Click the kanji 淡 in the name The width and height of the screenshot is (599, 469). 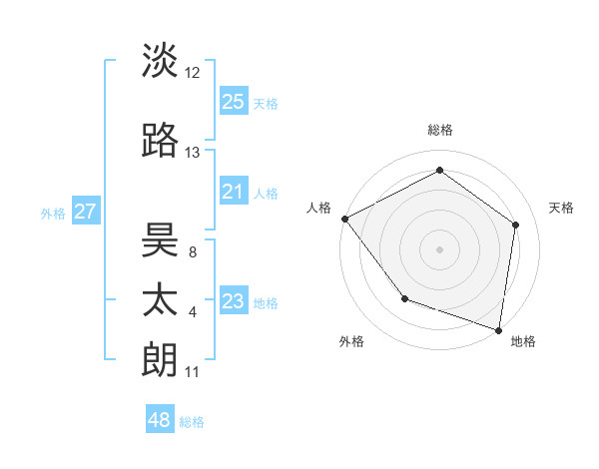tap(161, 60)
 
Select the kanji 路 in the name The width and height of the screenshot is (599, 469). tap(161, 141)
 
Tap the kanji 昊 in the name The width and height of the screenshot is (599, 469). tap(161, 240)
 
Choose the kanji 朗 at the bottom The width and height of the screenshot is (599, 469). tap(161, 360)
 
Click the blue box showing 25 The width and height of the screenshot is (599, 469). tap(234, 102)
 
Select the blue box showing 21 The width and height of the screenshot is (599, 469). tap(234, 193)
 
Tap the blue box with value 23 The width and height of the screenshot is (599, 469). tap(234, 302)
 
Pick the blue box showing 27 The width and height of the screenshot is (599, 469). tap(86, 212)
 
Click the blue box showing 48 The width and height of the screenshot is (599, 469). tap(160, 420)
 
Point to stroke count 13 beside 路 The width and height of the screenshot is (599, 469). tap(193, 153)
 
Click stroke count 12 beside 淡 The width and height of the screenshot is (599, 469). tap(193, 73)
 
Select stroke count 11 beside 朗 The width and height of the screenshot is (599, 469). tap(193, 372)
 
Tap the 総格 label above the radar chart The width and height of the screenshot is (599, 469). tap(440, 131)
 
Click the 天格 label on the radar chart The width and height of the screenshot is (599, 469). tap(562, 208)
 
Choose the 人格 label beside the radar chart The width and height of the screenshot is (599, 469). tap(319, 208)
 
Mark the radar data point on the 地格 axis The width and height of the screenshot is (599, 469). tap(498, 328)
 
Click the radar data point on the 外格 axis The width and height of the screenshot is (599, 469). tap(404, 298)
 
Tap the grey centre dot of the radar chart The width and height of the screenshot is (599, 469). tap(440, 248)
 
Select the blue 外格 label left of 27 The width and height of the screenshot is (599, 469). tap(52, 213)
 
